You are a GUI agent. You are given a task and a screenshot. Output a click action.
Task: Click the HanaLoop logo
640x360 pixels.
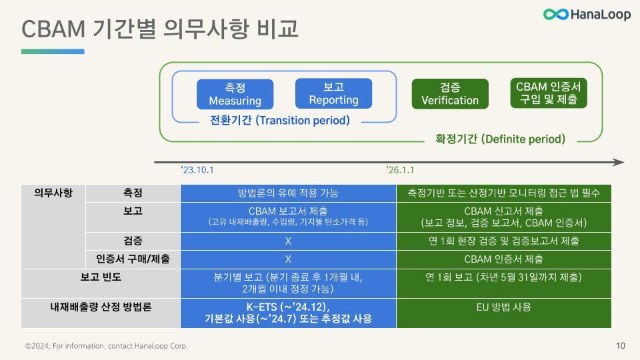[x=586, y=15]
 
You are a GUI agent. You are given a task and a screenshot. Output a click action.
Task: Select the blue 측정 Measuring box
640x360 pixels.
[x=235, y=94]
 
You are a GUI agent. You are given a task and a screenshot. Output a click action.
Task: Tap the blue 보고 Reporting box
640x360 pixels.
[x=333, y=93]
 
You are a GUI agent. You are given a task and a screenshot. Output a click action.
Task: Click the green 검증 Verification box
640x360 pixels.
[x=450, y=94]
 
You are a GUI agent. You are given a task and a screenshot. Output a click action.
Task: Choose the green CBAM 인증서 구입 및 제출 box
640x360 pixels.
[x=549, y=93]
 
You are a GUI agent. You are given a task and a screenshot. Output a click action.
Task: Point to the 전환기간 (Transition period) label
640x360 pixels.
[x=279, y=121]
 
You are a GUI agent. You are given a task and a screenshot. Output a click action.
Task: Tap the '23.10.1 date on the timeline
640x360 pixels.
[x=197, y=170]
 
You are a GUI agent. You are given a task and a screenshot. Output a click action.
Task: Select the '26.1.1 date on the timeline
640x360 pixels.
[x=401, y=170]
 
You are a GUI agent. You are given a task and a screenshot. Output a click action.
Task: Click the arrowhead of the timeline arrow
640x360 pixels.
[x=619, y=162]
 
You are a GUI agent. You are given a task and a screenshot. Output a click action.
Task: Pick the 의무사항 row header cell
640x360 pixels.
[x=53, y=193]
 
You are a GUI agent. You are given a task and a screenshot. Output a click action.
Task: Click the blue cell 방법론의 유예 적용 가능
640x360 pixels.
[x=288, y=193]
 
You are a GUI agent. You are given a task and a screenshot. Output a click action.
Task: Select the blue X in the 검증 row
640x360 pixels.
[x=288, y=241]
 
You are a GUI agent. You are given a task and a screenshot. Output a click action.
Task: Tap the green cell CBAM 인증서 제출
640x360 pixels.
[x=503, y=259]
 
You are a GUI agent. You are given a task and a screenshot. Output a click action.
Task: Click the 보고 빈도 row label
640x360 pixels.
[x=101, y=277]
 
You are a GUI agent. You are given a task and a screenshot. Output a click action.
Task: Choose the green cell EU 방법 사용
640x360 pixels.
[x=503, y=307]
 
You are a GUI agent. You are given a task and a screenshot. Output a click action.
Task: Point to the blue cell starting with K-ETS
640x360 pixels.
[x=288, y=313]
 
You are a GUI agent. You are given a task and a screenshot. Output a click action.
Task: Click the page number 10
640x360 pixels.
[x=620, y=345]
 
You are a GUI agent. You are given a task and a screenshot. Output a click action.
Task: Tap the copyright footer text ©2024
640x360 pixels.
[x=107, y=346]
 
